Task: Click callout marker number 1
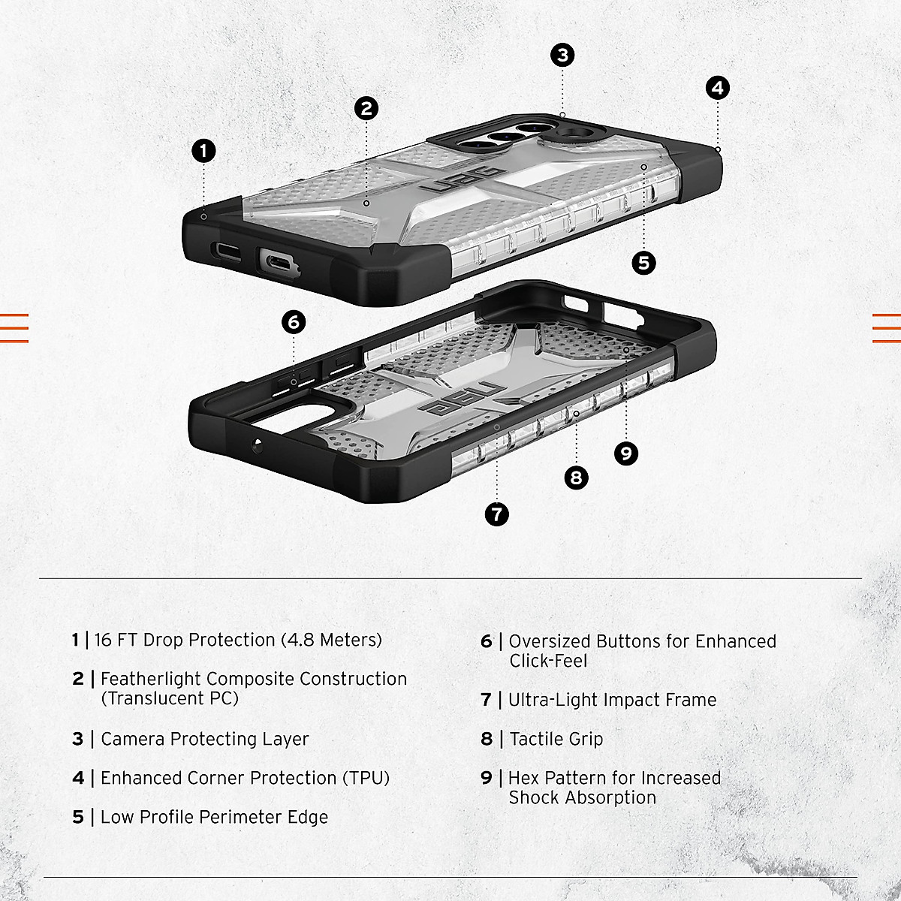[203, 151]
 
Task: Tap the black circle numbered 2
[366, 108]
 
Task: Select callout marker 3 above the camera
[562, 55]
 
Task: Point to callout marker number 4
[718, 88]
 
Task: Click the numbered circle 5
[643, 263]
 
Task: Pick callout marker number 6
[294, 323]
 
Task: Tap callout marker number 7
[497, 514]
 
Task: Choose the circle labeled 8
[576, 478]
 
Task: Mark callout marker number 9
[625, 453]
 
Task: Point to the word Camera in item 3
[133, 739]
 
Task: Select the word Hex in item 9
[524, 778]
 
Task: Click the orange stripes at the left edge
[14, 327]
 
